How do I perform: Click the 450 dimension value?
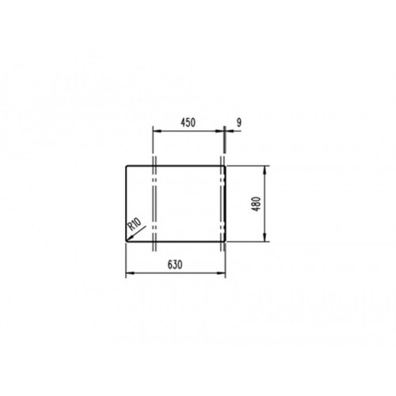pos(188,123)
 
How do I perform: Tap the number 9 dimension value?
pos(238,123)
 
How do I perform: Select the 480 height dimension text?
pos(257,204)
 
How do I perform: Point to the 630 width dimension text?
pos(175,265)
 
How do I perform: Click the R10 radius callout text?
pos(134,224)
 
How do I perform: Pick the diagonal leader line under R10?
pos(136,234)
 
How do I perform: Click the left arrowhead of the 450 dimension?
pos(156,131)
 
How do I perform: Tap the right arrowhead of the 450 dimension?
pos(220,131)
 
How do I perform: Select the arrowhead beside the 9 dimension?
pos(228,131)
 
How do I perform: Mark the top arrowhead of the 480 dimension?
pos(265,169)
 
